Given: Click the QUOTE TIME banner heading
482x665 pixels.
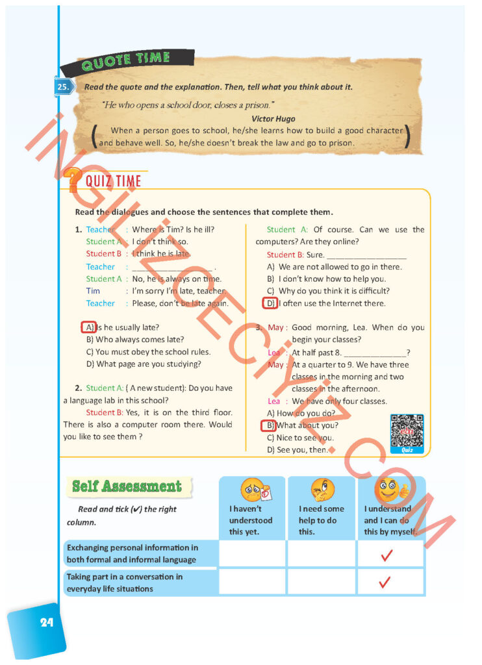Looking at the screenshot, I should (125, 60).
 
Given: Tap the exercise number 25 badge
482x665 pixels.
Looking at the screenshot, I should (63, 86).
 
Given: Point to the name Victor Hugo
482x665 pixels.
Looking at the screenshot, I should (273, 119).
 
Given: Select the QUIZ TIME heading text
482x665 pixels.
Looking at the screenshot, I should (114, 181).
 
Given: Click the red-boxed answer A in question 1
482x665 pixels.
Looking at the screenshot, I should (89, 327).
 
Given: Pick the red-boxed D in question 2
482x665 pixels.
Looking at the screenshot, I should (270, 303).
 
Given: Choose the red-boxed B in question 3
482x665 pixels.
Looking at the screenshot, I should (268, 426).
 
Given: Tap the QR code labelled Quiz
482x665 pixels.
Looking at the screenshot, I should (407, 431).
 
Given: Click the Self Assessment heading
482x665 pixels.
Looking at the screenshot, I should (127, 486).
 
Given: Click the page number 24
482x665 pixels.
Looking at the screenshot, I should (46, 622).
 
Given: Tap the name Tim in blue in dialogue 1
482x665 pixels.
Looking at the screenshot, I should (93, 291).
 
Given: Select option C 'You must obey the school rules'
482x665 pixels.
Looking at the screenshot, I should (148, 352).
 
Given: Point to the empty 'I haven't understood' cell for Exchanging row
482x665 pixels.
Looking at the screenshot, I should (252, 554).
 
